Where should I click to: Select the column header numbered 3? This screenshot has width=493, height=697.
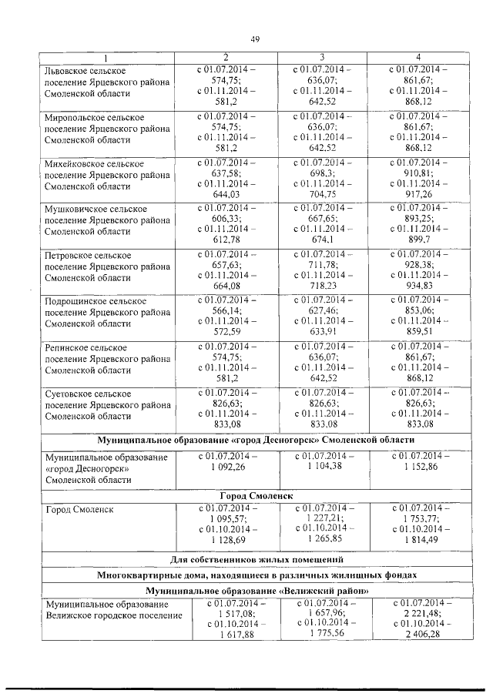[x=321, y=59]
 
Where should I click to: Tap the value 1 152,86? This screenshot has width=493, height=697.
[x=418, y=467]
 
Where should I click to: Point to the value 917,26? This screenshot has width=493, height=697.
[x=418, y=195]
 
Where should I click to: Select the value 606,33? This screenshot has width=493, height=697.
[x=226, y=218]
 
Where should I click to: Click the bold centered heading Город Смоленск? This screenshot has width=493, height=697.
[x=253, y=494]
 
